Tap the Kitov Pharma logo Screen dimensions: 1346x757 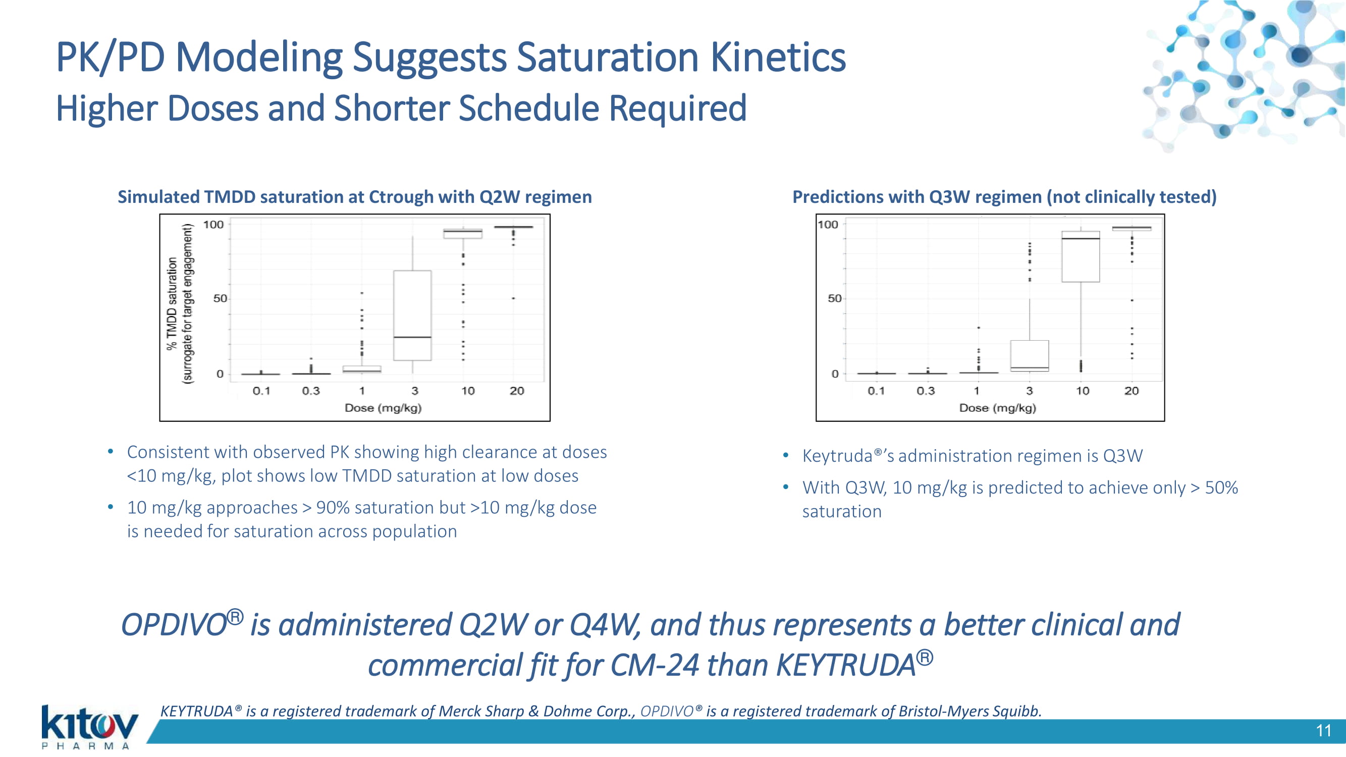89,727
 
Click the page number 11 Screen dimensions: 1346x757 1323,730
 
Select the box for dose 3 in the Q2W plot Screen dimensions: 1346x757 412,315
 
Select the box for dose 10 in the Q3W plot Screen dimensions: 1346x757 1081,256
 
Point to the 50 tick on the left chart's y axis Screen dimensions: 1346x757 220,298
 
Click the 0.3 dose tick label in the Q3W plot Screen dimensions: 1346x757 926,391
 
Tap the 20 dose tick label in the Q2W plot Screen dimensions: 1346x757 517,391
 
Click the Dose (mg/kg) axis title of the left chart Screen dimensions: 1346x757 383,408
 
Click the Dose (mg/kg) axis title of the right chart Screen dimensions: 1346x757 997,408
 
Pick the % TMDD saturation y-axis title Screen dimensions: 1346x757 173,303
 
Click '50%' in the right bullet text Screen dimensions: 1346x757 1222,488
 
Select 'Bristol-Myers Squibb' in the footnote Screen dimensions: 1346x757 971,711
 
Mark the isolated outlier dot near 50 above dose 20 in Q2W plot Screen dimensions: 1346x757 513,298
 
